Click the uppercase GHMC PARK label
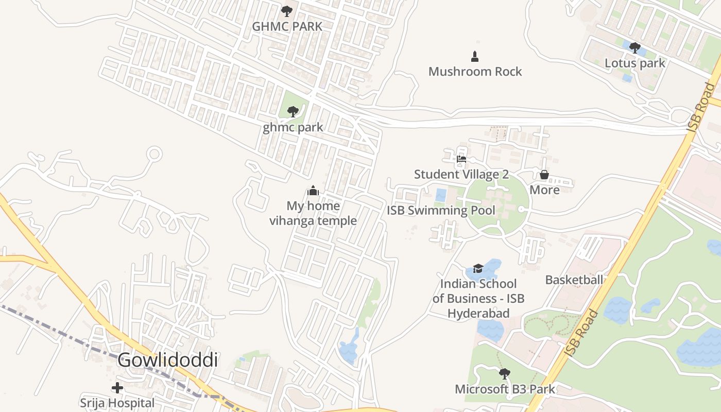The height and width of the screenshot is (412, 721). pos(287,26)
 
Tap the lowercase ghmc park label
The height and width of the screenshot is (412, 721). pos(293,127)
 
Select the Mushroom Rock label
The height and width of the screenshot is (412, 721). pos(475,72)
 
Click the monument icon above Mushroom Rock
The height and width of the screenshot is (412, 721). pos(475,56)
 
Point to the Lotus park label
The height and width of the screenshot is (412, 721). pos(634,63)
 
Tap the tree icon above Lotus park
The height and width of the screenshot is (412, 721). pos(634,48)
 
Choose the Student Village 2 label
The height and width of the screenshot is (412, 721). pos(461,174)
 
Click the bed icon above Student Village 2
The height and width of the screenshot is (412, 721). pos(461,159)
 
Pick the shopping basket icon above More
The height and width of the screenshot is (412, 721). pos(544,175)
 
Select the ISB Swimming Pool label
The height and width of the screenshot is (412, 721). pos(440,210)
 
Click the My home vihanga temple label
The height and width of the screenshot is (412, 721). pos(313,213)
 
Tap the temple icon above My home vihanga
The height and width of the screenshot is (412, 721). pos(313,191)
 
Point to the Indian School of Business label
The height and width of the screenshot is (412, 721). pos(478,298)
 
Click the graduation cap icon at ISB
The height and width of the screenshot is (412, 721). pos(478,268)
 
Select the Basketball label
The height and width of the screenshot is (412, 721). pos(574,280)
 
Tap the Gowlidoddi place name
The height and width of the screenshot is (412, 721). pos(167,360)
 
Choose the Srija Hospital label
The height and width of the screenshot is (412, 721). pos(117,403)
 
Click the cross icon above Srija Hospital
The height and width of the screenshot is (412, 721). pos(117,387)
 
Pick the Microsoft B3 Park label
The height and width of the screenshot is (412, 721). pos(505,389)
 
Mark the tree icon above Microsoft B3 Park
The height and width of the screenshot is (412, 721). pos(505,373)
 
